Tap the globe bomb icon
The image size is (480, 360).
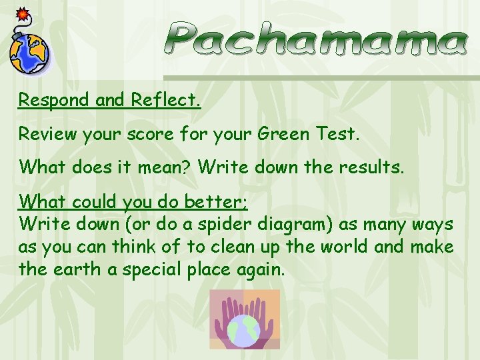[x=30, y=52]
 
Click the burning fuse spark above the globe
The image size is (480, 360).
[x=21, y=13]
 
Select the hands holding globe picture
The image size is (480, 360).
[x=245, y=319]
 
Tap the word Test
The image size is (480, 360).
[x=337, y=134]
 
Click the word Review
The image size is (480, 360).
[x=47, y=134]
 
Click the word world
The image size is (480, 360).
[x=340, y=247]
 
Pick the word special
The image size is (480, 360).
[x=147, y=271]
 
